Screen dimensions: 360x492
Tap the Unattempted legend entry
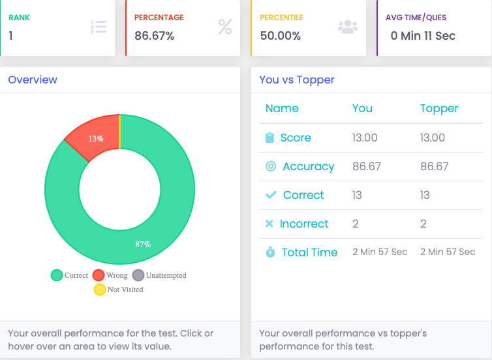tap(160, 275)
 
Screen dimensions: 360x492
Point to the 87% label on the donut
tap(143, 244)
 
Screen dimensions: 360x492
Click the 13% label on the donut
tap(97, 138)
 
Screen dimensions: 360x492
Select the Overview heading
tap(33, 80)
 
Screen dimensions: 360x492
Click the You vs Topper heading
tap(297, 80)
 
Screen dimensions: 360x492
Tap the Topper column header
tap(439, 108)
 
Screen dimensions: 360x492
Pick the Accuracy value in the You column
tap(366, 166)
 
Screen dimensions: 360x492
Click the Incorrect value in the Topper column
tap(423, 224)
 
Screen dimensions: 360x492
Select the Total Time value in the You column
tap(380, 252)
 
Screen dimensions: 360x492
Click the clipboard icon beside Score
tap(270, 138)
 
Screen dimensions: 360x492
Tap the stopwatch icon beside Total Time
tap(270, 252)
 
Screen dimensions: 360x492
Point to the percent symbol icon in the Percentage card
tap(224, 27)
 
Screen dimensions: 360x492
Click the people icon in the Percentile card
tap(348, 27)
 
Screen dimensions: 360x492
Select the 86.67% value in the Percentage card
tap(154, 36)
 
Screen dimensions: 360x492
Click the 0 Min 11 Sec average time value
tap(423, 36)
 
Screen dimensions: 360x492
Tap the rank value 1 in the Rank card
tap(11, 36)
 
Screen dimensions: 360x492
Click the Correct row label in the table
tap(303, 195)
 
